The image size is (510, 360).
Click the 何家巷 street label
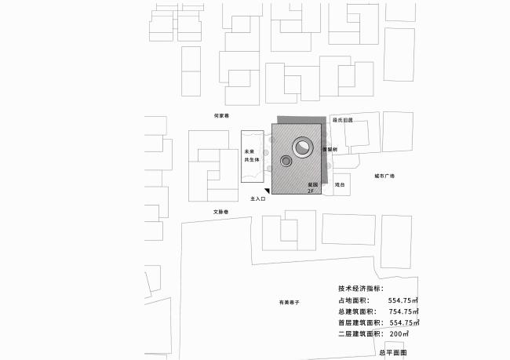click(x=221, y=116)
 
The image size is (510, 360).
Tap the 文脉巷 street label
click(x=220, y=212)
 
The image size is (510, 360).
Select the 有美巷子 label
click(x=290, y=302)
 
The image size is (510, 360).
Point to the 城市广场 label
click(x=384, y=176)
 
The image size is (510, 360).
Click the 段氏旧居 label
click(x=343, y=120)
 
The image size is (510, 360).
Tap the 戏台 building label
click(x=340, y=185)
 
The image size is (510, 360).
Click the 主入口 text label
click(x=258, y=199)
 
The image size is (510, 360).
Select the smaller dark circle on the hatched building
click(x=286, y=162)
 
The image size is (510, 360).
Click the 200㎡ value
click(x=398, y=333)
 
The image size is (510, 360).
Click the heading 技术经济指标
click(x=360, y=289)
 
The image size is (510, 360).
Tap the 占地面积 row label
click(x=354, y=300)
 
